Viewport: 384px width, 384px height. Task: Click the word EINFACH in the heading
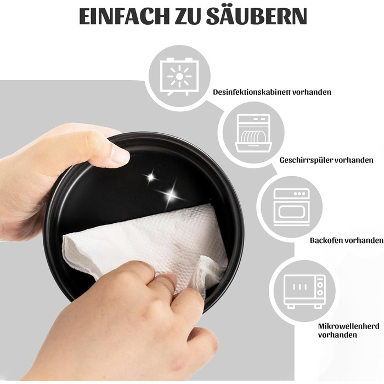(x=124, y=16)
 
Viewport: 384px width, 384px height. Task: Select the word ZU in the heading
(x=188, y=16)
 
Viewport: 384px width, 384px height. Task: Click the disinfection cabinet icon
(x=179, y=76)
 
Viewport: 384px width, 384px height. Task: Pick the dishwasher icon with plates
(x=253, y=133)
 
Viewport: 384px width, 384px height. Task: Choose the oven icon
(x=291, y=207)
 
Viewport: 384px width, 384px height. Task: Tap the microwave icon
(x=305, y=291)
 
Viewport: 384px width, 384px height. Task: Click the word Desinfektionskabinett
(x=251, y=92)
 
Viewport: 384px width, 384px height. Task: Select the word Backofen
(x=325, y=240)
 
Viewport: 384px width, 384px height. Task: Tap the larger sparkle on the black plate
(x=171, y=195)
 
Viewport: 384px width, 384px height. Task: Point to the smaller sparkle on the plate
(x=151, y=177)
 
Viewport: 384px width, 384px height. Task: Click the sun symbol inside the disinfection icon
(x=179, y=76)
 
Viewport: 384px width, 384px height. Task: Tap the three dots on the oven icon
(x=300, y=194)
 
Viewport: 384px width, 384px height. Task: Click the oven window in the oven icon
(x=291, y=212)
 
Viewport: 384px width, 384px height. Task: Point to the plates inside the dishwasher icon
(x=253, y=137)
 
